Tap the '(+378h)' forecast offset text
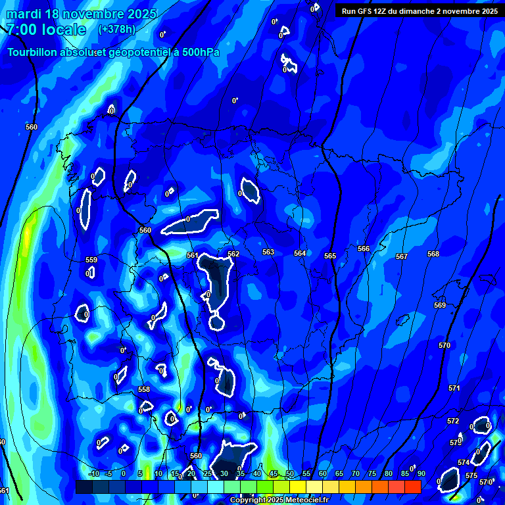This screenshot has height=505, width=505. coord(116,30)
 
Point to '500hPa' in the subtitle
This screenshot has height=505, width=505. coord(199,53)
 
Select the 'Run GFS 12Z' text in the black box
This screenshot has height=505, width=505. coord(364,11)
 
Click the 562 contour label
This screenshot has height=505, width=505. coord(233,254)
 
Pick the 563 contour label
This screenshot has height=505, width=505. coord(268,252)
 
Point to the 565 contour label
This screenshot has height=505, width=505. coord(330,256)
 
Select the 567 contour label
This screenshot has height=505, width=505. coord(402,256)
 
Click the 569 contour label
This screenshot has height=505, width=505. coord(440,305)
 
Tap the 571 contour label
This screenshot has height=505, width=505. coord(454,388)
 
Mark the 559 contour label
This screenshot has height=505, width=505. coord(91,260)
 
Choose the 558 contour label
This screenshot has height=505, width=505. coord(144,389)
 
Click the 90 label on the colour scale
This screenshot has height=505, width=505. coord(421,473)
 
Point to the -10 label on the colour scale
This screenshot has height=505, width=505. coord(93,473)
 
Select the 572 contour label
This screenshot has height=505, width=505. coord(453,421)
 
